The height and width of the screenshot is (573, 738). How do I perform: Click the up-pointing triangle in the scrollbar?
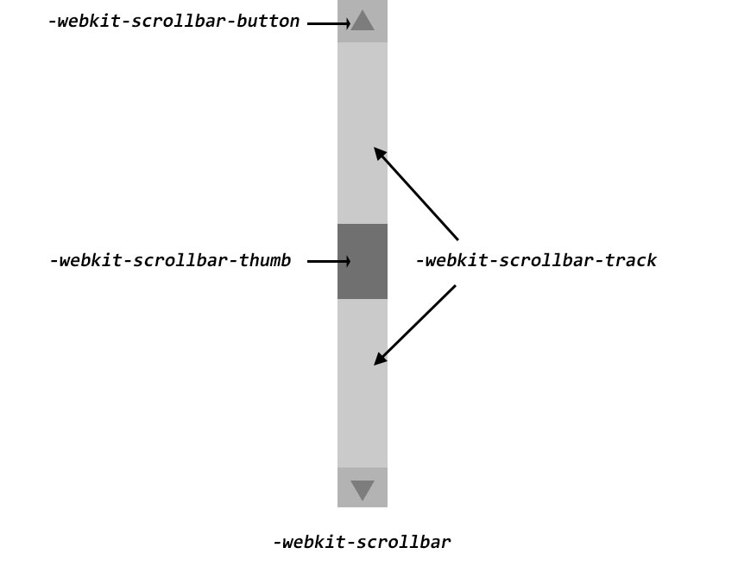[363, 20]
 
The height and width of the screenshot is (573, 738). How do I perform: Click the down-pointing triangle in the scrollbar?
[363, 490]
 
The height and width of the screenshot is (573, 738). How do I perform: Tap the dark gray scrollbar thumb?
[363, 261]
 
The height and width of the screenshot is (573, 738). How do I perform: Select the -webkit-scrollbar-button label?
[173, 22]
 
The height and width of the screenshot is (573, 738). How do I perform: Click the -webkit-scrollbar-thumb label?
[170, 260]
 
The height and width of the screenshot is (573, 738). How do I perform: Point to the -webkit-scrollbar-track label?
[536, 260]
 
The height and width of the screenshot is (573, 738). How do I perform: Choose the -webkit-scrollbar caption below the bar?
[362, 542]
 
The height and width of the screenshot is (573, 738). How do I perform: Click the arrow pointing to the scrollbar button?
[329, 23]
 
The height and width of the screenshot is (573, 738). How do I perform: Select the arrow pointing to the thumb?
[329, 261]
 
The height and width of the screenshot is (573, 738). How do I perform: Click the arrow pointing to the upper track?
[416, 194]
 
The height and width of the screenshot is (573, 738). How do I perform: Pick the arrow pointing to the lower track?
[415, 325]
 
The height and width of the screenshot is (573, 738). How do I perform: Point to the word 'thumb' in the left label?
[264, 260]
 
